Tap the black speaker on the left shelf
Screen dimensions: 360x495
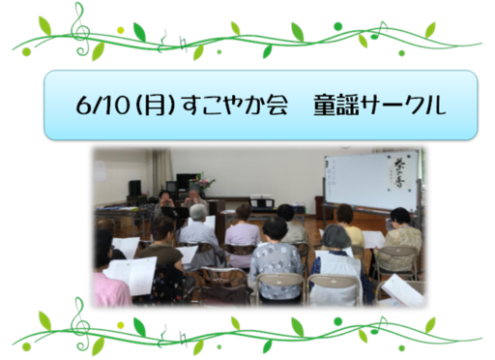134,188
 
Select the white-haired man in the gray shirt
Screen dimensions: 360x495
199,232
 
